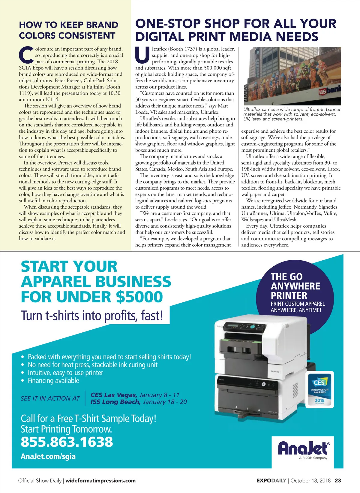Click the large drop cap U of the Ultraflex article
tap(142, 55)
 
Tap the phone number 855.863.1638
tap(67, 442)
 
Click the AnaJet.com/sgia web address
tap(48, 456)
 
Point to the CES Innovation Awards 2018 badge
tap(319, 390)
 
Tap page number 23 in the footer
tap(338, 480)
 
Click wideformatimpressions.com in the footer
tap(100, 480)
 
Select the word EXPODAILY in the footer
tap(271, 480)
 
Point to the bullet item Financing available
tap(53, 381)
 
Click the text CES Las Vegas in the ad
tap(114, 395)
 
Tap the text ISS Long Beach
tap(116, 402)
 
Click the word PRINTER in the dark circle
tap(289, 295)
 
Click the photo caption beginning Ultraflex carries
tap(292, 114)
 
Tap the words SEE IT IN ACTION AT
tap(50, 398)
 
